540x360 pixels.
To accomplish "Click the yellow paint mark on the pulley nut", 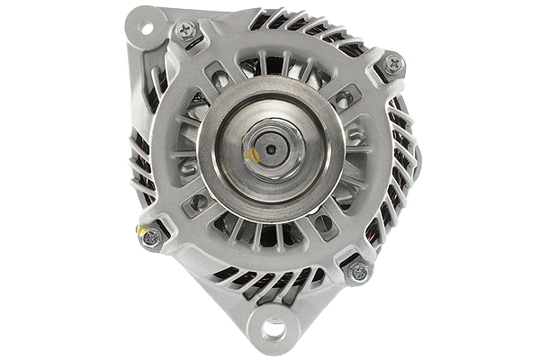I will click(253, 156).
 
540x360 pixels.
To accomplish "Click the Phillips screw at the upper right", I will click(392, 64).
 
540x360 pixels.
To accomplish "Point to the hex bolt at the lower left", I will click(151, 237).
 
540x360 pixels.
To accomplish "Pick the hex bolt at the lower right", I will click(358, 270).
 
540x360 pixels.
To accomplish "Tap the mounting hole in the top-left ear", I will click(144, 27).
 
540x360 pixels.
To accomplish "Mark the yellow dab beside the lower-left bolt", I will click(141, 230).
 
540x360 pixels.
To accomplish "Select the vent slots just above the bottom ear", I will click(270, 279).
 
